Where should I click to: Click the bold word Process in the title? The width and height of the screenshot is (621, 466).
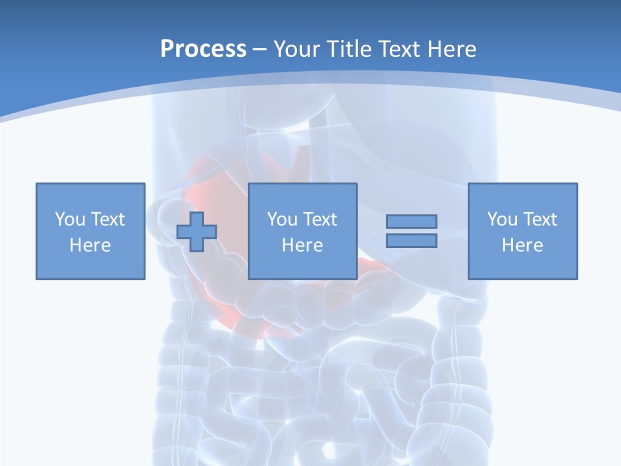(203, 49)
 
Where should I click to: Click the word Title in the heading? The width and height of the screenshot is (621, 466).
(349, 49)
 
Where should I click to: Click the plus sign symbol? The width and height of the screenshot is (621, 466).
(197, 231)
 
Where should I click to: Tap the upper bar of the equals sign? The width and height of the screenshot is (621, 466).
(412, 221)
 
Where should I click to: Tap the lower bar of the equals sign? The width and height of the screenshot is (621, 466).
(412, 240)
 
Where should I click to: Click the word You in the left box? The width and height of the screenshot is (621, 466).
(70, 219)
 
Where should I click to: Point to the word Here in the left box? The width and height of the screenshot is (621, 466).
(91, 245)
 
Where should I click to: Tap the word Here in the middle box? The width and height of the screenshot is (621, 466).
(303, 245)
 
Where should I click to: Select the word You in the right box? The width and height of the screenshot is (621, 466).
(502, 219)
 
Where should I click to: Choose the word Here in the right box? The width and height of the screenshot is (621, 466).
(523, 245)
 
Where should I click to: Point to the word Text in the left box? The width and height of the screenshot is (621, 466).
(108, 219)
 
